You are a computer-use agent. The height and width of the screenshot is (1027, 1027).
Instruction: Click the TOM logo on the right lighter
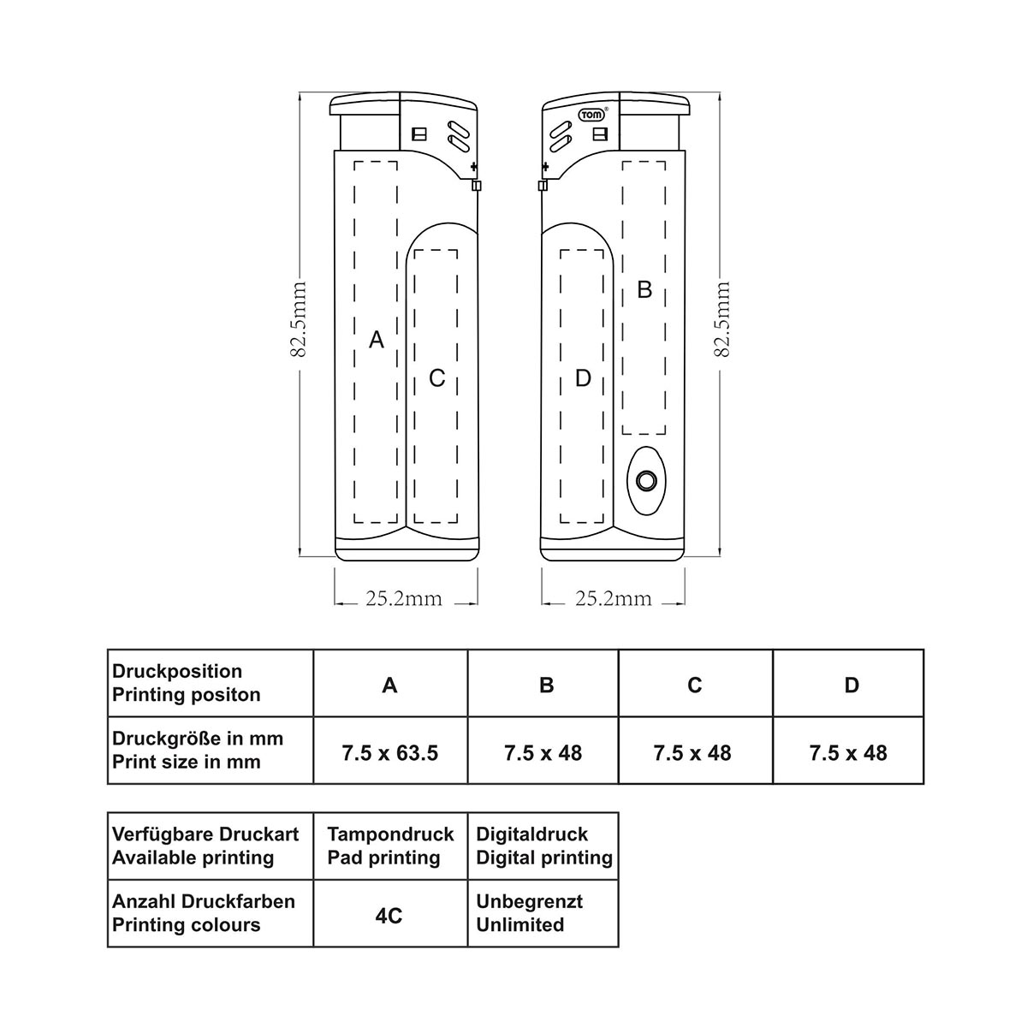click(x=592, y=115)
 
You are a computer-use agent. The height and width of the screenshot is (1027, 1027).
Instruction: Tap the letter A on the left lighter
click(x=377, y=340)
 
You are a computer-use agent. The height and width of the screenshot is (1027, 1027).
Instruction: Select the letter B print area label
click(x=645, y=289)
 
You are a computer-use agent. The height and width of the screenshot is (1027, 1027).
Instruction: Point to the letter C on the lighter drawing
click(x=437, y=378)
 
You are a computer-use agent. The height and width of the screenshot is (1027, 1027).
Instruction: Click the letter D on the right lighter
click(x=583, y=378)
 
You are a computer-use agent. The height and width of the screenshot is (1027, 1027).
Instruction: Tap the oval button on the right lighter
click(x=646, y=481)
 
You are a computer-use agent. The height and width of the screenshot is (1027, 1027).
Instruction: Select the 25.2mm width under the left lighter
click(x=404, y=599)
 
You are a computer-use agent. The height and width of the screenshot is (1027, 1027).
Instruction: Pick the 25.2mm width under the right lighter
click(x=614, y=599)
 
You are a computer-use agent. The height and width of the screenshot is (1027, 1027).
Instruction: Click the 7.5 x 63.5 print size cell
click(x=390, y=753)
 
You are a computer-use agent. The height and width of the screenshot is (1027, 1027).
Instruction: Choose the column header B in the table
click(x=546, y=685)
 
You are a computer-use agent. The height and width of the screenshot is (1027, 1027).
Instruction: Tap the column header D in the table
click(x=852, y=685)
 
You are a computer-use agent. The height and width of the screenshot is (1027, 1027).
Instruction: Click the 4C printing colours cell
click(x=389, y=916)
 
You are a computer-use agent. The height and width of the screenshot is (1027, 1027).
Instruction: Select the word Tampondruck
click(x=390, y=834)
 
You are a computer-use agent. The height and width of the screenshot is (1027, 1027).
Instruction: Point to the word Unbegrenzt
click(x=529, y=901)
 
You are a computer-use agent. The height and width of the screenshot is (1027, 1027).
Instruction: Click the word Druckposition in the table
click(x=177, y=671)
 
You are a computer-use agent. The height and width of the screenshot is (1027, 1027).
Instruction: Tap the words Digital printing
click(x=544, y=858)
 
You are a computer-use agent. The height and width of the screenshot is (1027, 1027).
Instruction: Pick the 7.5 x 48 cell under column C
click(x=692, y=753)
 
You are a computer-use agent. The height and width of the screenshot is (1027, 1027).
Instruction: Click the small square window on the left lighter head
click(x=419, y=134)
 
